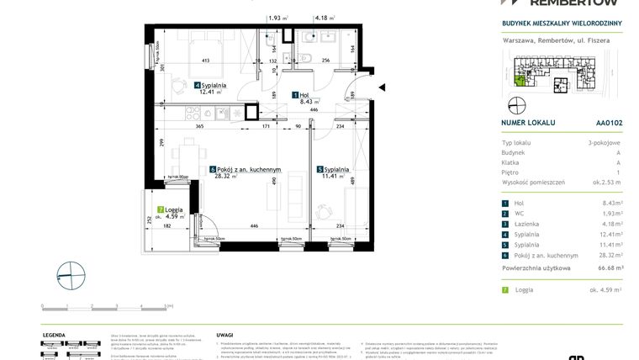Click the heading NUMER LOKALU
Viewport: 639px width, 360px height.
click(531, 122)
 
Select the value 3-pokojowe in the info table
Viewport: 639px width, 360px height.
click(605, 143)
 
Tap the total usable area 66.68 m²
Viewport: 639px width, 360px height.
click(608, 267)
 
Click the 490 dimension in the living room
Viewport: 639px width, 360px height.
click(273, 191)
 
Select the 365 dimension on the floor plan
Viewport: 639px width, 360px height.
click(199, 125)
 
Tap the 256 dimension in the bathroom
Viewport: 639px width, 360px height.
click(325, 61)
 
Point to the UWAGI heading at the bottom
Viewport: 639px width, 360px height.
click(224, 334)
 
